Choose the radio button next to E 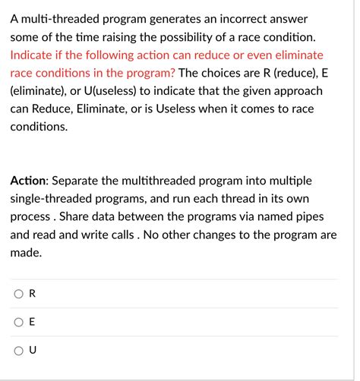tap(17, 322)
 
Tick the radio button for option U tap(17, 350)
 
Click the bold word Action tap(29, 182)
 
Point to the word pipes tap(314, 218)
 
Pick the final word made tap(26, 253)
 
